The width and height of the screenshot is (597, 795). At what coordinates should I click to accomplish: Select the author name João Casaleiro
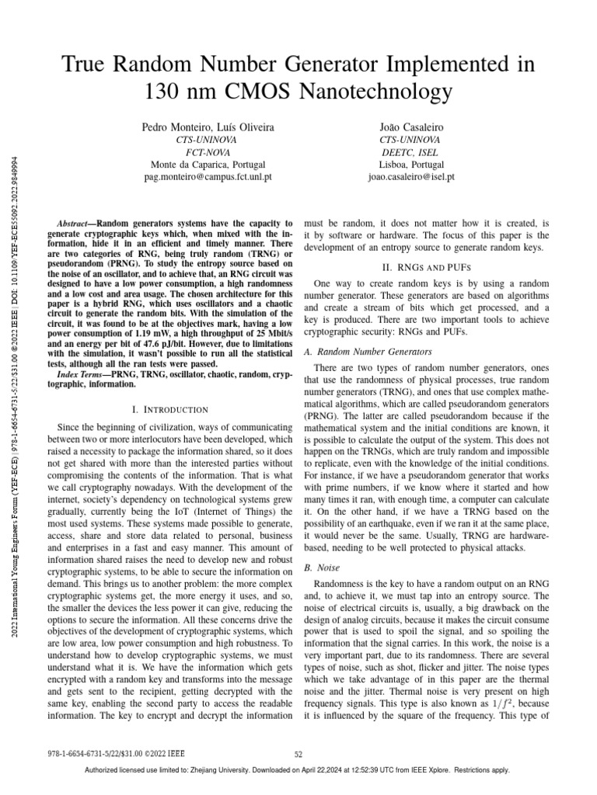pyautogui.click(x=410, y=126)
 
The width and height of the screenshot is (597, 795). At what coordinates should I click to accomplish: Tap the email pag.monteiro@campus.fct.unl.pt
pyautogui.click(x=208, y=177)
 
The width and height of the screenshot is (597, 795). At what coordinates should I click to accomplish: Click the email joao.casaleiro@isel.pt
pyautogui.click(x=410, y=177)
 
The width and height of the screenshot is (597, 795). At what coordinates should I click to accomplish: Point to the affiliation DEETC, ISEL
pyautogui.click(x=410, y=151)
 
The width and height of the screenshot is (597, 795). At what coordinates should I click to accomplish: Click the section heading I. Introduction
pyautogui.click(x=172, y=409)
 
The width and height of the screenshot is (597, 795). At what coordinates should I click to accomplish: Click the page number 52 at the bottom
pyautogui.click(x=298, y=754)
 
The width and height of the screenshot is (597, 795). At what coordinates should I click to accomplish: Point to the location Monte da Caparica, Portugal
pyautogui.click(x=208, y=165)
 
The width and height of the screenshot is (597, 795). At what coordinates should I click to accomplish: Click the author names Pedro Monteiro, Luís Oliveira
pyautogui.click(x=208, y=126)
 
